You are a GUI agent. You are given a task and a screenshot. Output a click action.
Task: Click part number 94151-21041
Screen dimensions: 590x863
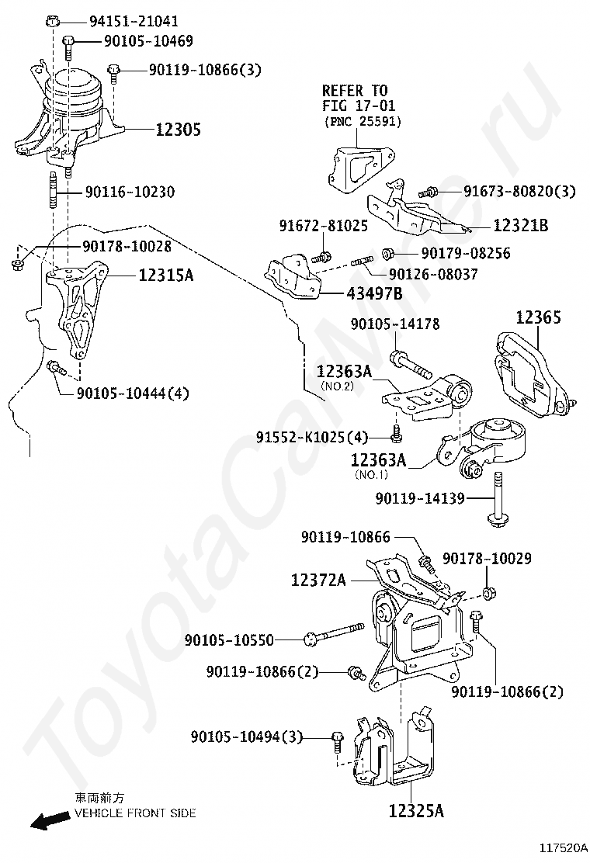[x=134, y=21]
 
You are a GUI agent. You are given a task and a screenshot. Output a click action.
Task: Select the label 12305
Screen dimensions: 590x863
[x=179, y=130]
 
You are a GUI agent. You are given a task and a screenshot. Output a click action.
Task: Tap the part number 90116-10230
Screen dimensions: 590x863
[x=130, y=192]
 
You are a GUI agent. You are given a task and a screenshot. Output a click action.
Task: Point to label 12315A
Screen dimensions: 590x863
[x=165, y=274]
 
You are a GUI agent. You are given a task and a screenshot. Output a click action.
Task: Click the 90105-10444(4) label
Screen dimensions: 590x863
[x=133, y=393]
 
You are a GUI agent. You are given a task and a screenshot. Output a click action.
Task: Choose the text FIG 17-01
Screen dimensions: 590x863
[x=359, y=106]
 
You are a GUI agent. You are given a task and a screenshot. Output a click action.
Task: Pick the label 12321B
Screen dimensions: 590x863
[x=521, y=225]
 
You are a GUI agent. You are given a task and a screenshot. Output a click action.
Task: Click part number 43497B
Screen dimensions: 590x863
[x=374, y=293]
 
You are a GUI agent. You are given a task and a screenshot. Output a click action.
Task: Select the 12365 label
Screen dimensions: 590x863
[x=538, y=317]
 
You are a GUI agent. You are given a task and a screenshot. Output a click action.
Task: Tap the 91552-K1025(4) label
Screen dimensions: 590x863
[x=311, y=438]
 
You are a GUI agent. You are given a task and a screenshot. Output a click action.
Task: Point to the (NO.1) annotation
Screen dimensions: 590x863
[x=372, y=474]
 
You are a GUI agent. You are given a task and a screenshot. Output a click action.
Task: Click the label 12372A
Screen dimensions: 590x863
[x=318, y=580]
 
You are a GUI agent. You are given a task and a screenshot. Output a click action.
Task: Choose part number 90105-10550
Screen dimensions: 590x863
[x=229, y=639]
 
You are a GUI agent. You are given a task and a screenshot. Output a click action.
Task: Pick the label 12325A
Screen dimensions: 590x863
[x=416, y=811]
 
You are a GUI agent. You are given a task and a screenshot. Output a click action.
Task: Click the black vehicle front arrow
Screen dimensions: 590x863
[x=50, y=823]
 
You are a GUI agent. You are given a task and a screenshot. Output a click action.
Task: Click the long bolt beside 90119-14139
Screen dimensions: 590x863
[x=498, y=500]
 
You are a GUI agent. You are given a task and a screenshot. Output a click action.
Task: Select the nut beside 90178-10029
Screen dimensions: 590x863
[x=487, y=593]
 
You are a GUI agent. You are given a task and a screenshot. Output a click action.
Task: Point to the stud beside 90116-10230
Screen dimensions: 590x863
[x=53, y=190]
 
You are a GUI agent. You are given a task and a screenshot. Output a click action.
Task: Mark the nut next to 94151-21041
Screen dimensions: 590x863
[x=51, y=21]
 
